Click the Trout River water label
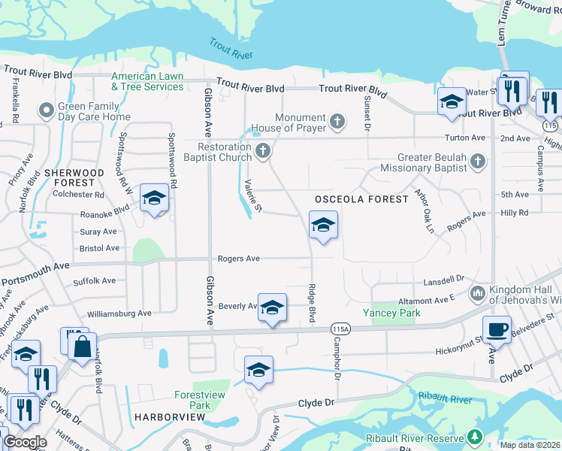(x=231, y=51)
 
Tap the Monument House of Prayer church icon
(x=338, y=120)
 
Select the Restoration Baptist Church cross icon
(x=263, y=152)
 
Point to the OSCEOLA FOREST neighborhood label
(x=361, y=198)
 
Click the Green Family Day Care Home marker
(x=47, y=111)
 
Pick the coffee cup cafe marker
(x=497, y=328)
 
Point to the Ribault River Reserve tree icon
(x=474, y=437)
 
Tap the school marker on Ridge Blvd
(x=323, y=225)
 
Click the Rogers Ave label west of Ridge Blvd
(x=238, y=259)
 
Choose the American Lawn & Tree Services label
(x=147, y=81)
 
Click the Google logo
(x=25, y=442)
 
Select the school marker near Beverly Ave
(x=272, y=307)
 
